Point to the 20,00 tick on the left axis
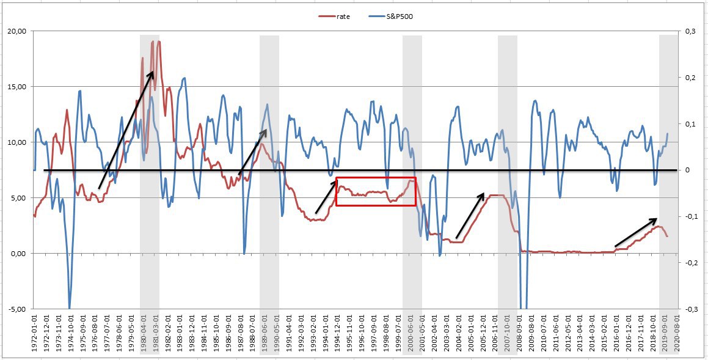click(20, 31)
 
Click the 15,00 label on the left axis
click(20, 86)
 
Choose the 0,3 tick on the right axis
click(689, 31)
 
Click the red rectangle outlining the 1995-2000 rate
click(376, 191)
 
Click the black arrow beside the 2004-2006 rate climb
click(470, 215)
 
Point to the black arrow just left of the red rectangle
click(327, 195)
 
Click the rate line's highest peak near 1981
click(159, 42)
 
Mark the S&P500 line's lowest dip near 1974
click(69, 307)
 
